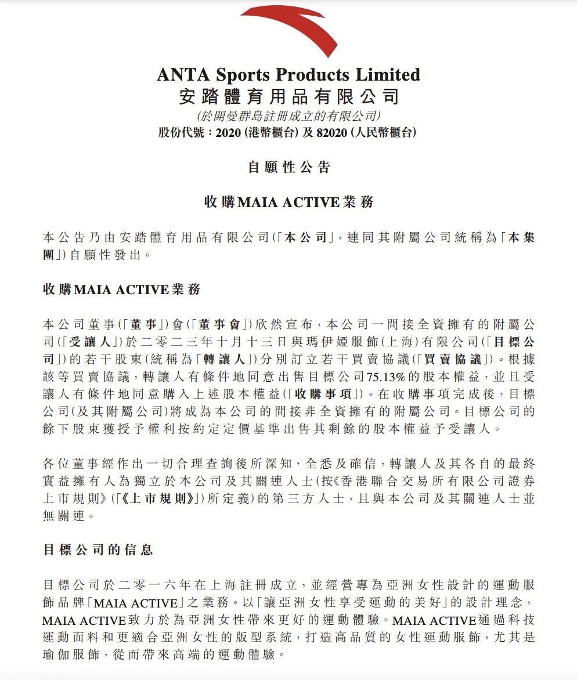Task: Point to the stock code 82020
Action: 332,132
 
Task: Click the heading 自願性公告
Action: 288,168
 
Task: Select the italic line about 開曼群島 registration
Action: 288,115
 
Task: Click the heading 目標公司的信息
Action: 98,549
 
